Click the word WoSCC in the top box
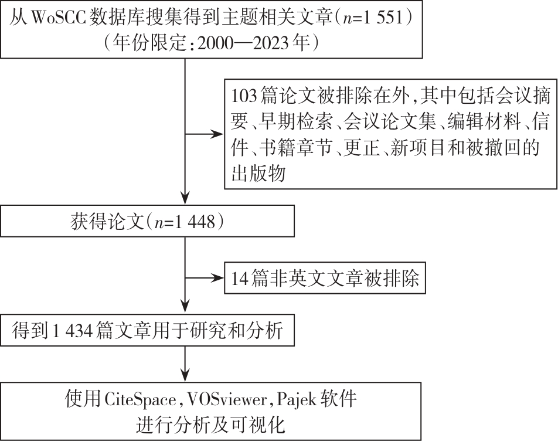tap(59, 18)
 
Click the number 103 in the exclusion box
tap(244, 96)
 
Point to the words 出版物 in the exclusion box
tap(258, 174)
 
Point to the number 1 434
tap(73, 331)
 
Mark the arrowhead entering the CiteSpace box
tap(185, 375)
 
